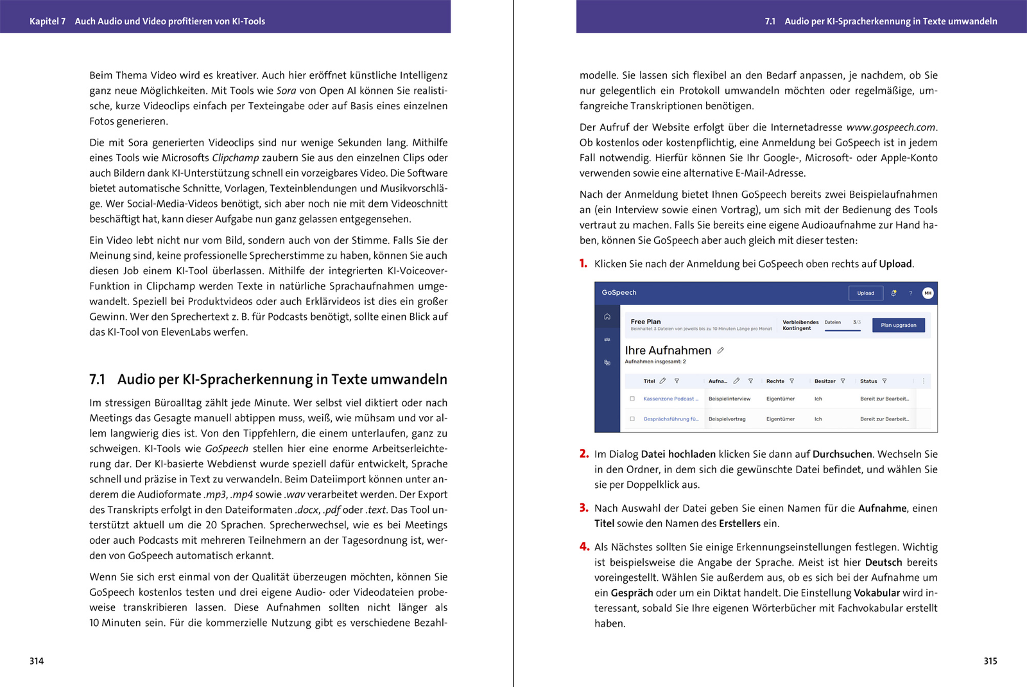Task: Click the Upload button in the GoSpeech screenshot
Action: point(865,293)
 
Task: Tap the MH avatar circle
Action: point(928,293)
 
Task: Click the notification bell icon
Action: point(893,293)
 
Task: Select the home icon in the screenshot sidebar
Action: point(607,317)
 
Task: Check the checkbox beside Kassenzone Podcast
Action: point(632,399)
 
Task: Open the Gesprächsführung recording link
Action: point(671,419)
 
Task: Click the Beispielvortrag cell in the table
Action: point(727,419)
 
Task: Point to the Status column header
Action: point(868,381)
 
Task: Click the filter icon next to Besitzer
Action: point(843,381)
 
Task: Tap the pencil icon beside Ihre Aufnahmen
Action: point(721,351)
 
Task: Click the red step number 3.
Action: point(583,508)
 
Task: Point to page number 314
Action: point(37,661)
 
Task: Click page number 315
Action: point(990,661)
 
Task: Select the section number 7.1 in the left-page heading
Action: point(98,379)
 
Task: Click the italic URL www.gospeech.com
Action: point(891,128)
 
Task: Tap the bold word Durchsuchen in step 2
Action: point(842,455)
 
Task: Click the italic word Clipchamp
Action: point(236,158)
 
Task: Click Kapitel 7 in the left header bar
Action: point(47,21)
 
